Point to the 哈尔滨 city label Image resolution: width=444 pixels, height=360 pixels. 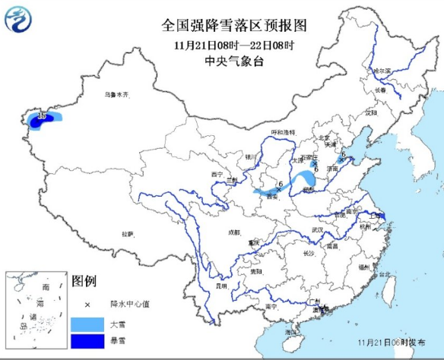[x=381, y=71]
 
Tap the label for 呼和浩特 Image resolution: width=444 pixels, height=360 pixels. [x=284, y=132]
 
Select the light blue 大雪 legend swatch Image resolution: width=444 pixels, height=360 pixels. [x=87, y=324]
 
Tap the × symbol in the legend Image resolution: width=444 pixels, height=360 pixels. [x=87, y=305]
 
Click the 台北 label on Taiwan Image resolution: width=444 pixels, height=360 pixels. [x=385, y=274]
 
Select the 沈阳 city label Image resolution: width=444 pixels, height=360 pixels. [x=370, y=112]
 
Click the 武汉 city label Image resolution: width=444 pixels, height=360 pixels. [x=317, y=229]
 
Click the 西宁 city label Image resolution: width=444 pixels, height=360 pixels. [x=216, y=174]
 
